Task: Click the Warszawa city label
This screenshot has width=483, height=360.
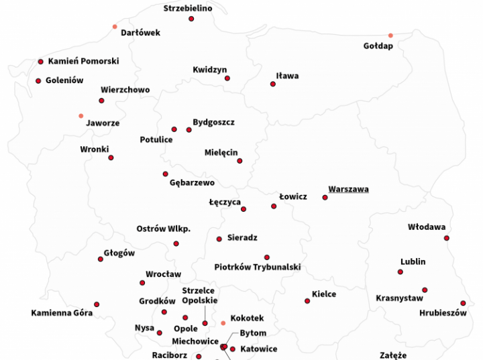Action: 348,189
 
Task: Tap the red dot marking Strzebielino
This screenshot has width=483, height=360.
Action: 191,19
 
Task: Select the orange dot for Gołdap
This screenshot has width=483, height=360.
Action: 390,36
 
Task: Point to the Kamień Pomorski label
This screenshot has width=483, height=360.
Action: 83,61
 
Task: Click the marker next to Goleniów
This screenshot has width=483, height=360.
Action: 38,81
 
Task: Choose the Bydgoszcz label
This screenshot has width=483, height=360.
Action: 213,122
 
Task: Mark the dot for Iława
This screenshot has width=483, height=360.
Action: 273,84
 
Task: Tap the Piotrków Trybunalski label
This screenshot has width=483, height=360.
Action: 257,267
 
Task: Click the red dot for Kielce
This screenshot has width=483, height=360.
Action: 307,301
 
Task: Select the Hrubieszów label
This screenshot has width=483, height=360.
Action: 443,313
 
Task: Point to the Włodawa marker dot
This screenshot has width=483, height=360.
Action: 447,238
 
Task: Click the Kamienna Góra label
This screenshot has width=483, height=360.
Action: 62,313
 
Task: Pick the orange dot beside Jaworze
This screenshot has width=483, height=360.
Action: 81,116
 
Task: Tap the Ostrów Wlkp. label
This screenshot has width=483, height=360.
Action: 163,229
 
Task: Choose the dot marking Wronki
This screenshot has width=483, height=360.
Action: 111,158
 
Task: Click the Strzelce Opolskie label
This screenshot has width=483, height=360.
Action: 199,296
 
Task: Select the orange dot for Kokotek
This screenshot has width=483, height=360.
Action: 223,323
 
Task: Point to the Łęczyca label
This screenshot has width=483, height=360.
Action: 225,202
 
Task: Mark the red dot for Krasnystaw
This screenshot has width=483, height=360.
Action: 425,290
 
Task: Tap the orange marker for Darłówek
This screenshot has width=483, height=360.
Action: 115,27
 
